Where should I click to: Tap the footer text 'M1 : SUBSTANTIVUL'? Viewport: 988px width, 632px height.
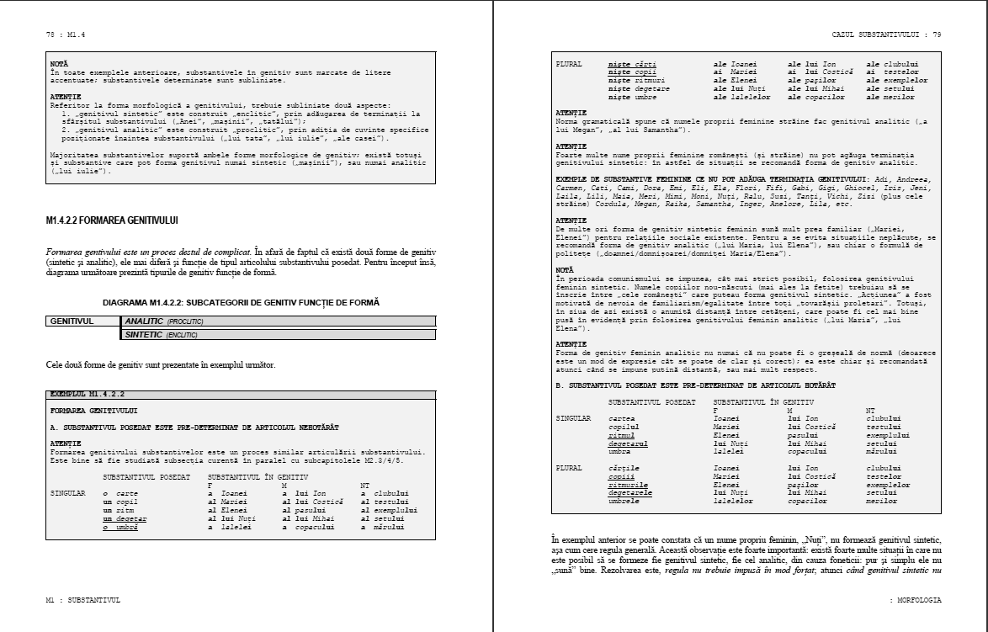click(x=83, y=600)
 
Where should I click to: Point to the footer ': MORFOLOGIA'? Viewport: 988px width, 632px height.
click(x=915, y=600)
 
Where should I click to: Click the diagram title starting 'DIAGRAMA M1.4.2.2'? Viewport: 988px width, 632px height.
click(x=241, y=300)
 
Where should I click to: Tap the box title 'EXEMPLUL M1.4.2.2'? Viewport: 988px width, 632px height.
click(x=88, y=394)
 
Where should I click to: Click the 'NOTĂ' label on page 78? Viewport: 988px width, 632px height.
click(x=59, y=63)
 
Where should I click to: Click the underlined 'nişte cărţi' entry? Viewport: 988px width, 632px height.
click(x=632, y=64)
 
